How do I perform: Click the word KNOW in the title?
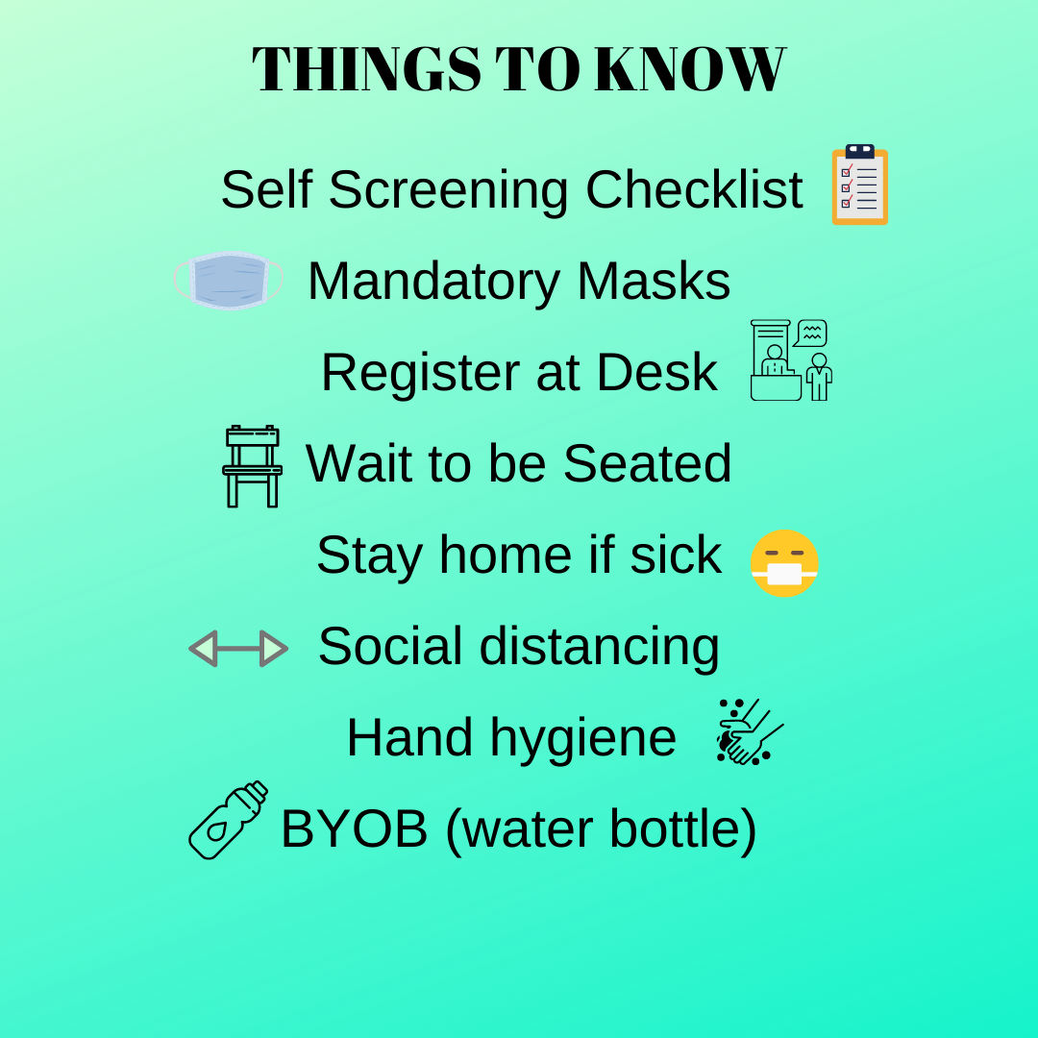click(x=690, y=69)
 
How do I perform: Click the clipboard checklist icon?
click(x=860, y=185)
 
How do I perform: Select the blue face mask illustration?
click(x=229, y=281)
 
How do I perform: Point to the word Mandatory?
click(x=433, y=282)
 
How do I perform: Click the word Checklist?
click(x=694, y=190)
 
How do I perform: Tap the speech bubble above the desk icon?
click(x=810, y=333)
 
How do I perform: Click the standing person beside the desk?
click(x=820, y=377)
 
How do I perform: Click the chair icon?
click(x=252, y=466)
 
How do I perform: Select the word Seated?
click(x=647, y=463)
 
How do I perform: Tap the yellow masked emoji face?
click(x=784, y=563)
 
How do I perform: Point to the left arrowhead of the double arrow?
click(x=203, y=649)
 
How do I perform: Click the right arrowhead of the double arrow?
click(x=274, y=649)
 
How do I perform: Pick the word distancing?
click(x=599, y=648)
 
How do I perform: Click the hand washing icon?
click(x=750, y=732)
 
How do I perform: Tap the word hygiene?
click(x=582, y=739)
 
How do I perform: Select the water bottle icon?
click(x=229, y=820)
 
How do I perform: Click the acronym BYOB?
click(x=354, y=828)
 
